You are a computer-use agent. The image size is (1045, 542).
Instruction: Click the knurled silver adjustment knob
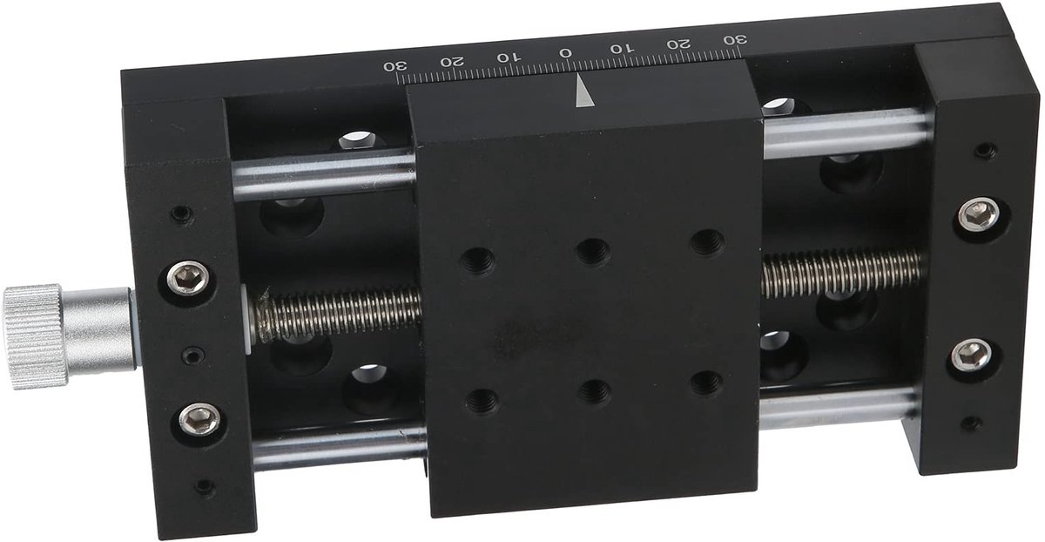tap(34, 336)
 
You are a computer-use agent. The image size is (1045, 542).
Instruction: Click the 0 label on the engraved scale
tap(565, 53)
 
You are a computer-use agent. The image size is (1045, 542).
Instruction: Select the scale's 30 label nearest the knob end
tap(395, 66)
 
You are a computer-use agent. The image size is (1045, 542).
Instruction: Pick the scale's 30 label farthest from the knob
tap(735, 40)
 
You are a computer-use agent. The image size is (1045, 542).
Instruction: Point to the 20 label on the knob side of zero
tap(452, 62)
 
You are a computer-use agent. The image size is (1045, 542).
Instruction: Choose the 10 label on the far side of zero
tap(623, 48)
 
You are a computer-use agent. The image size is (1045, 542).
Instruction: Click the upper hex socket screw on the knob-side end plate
tap(187, 278)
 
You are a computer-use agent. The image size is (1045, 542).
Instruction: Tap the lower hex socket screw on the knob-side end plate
tap(200, 419)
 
